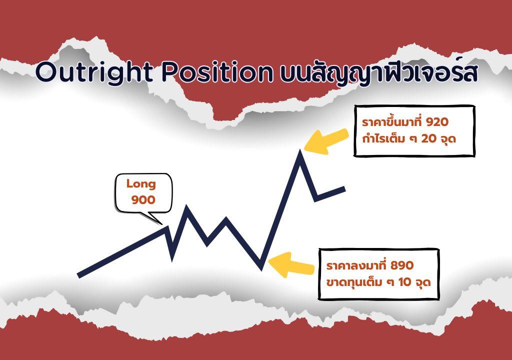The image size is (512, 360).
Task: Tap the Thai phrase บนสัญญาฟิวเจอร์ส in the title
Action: (379, 72)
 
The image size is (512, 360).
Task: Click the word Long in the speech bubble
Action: (141, 184)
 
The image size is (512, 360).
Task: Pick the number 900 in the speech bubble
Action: (143, 199)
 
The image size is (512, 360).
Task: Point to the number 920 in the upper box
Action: (437, 122)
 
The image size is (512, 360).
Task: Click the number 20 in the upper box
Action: (428, 139)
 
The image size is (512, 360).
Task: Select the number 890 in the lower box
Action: (402, 265)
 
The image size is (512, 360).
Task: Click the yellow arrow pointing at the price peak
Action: (326, 141)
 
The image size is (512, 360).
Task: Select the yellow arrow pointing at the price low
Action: (291, 265)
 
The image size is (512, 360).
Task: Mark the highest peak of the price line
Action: (300, 151)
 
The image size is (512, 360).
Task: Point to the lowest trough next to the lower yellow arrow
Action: (261, 268)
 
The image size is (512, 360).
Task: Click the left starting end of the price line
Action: (78, 276)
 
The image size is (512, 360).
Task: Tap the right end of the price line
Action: (344, 189)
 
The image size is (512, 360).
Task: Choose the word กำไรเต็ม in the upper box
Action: (383, 138)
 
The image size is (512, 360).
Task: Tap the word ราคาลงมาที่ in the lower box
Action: (356, 265)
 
